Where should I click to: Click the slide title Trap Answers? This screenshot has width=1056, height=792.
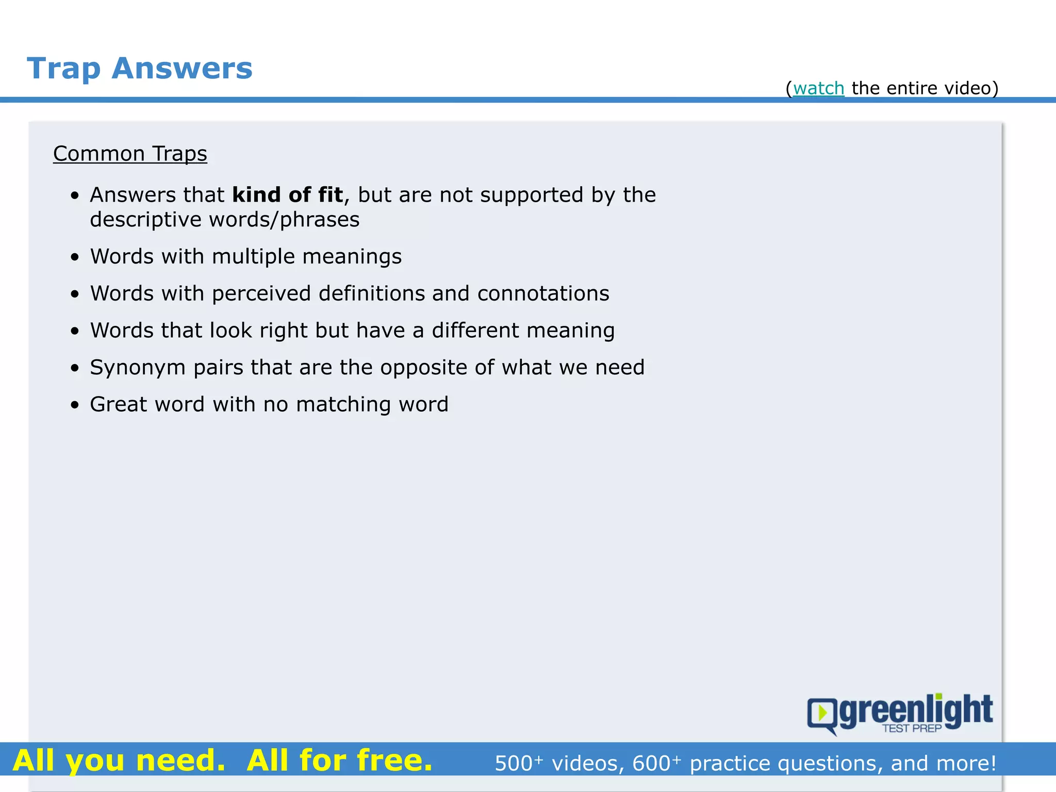pos(140,69)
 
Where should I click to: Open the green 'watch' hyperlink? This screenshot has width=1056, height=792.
pos(818,89)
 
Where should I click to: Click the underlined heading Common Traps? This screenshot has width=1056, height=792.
pos(130,154)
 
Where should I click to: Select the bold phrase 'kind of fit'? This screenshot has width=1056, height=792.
pos(287,195)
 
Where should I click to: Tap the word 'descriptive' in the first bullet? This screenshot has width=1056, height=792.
pos(145,220)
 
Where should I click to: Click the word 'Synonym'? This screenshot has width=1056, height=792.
pos(138,368)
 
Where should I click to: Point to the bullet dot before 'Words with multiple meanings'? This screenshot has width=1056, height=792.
pos(75,257)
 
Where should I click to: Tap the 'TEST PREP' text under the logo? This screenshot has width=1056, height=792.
pos(912,729)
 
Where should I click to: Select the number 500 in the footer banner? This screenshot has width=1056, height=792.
pos(514,764)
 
